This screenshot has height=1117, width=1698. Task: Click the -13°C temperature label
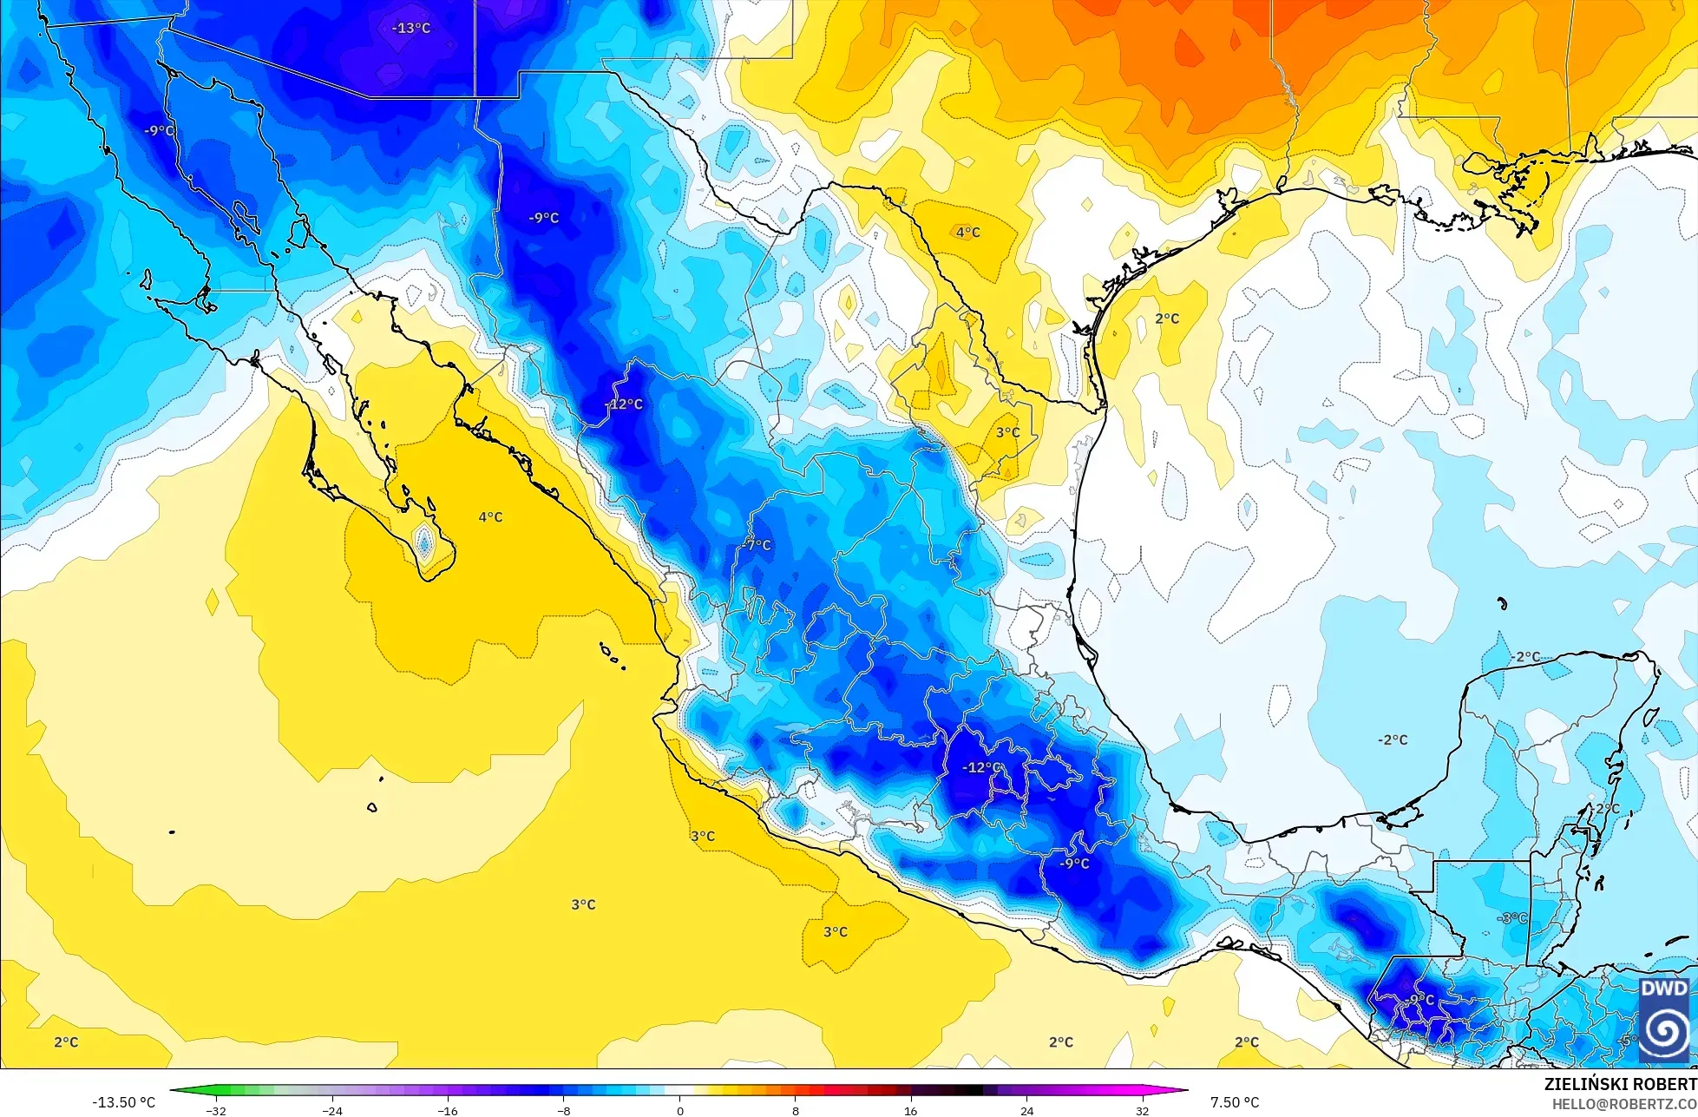coord(411,28)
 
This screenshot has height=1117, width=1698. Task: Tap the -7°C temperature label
coord(757,545)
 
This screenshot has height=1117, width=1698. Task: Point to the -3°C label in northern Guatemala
coord(1512,918)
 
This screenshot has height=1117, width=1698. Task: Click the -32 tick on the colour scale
coord(216,1111)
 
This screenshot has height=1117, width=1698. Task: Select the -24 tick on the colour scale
coord(332,1111)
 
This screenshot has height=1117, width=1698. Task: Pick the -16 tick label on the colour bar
coord(448,1111)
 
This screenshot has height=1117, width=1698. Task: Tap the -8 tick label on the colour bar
coord(564,1111)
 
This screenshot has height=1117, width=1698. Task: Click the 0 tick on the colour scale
coord(679,1111)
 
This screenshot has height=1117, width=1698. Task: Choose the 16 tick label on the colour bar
coord(910,1111)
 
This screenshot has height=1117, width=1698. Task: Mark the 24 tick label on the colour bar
coord(1026,1111)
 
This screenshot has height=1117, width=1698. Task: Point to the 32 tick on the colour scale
coord(1142,1111)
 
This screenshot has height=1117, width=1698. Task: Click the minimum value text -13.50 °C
coord(124,1102)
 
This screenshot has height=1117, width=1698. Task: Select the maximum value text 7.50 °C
coord(1235,1102)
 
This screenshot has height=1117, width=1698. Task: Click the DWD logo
coord(1664,1019)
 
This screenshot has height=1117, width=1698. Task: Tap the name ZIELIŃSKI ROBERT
coord(1620,1084)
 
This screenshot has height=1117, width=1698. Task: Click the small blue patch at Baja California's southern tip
coord(424,544)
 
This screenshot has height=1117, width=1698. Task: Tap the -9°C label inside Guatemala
coord(1421,1000)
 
